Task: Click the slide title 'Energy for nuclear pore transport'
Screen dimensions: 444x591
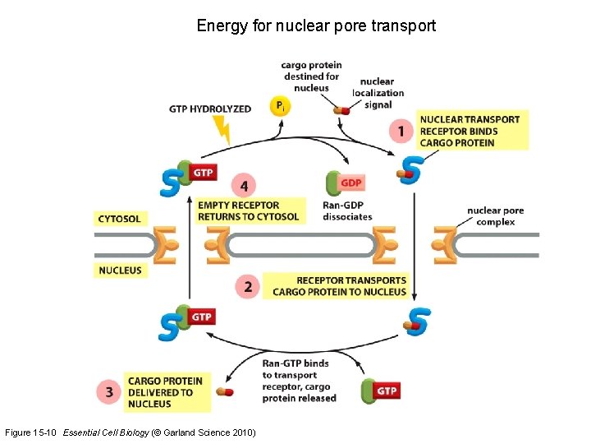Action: (x=316, y=25)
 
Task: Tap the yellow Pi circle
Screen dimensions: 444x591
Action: (x=281, y=106)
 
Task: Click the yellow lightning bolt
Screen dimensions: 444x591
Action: (x=222, y=129)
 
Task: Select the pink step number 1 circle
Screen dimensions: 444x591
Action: (x=401, y=131)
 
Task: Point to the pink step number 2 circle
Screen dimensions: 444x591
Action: (x=248, y=286)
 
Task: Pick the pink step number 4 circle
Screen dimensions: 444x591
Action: (x=243, y=184)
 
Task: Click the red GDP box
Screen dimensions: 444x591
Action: (x=351, y=183)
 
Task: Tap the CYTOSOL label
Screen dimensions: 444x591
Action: (x=119, y=219)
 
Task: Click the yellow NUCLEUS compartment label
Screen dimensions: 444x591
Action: (x=120, y=270)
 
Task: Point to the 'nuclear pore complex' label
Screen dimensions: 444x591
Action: (x=495, y=216)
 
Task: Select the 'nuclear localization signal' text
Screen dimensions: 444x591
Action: (x=378, y=92)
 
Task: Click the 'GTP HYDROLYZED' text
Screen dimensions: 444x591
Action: (x=210, y=109)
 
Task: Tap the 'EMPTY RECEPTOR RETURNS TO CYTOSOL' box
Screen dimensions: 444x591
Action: (x=249, y=211)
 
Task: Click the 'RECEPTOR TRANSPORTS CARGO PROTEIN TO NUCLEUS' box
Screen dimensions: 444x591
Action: (x=339, y=286)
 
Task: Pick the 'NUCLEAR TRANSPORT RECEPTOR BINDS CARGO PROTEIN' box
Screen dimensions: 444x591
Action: (x=470, y=131)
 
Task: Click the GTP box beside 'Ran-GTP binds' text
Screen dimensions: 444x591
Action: (x=387, y=391)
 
